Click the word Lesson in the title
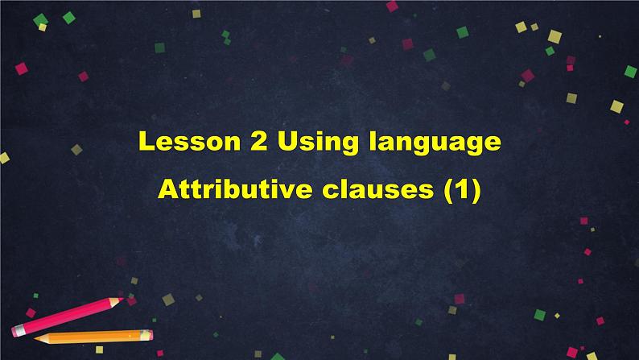[189, 141]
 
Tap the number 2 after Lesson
[259, 141]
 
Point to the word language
[435, 143]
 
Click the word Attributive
[235, 189]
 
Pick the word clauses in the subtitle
[377, 189]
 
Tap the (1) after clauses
[463, 191]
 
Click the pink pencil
[68, 317]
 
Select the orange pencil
[93, 337]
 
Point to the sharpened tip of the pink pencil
[122, 300]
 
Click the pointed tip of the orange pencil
[36, 338]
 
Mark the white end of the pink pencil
[14, 331]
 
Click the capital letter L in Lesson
[146, 141]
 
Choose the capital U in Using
[287, 141]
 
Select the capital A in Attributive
[167, 189]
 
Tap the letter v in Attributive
[287, 192]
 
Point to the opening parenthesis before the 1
[449, 191]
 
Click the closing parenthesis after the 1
[476, 191]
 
